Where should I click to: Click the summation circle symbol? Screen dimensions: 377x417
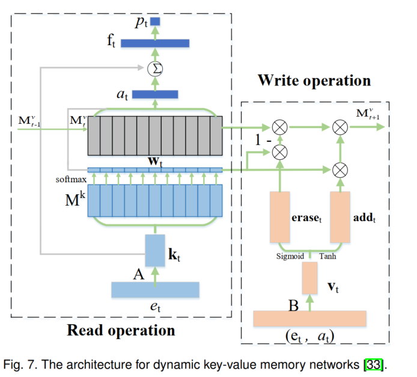[155, 69]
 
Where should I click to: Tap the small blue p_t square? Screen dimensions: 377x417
[155, 22]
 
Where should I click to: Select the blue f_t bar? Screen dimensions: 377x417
[155, 43]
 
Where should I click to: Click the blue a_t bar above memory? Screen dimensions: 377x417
[155, 94]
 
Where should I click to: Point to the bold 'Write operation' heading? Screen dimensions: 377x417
[314, 80]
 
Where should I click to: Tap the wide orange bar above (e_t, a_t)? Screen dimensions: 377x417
[309, 319]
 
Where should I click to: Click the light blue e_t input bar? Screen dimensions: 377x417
[154, 289]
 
